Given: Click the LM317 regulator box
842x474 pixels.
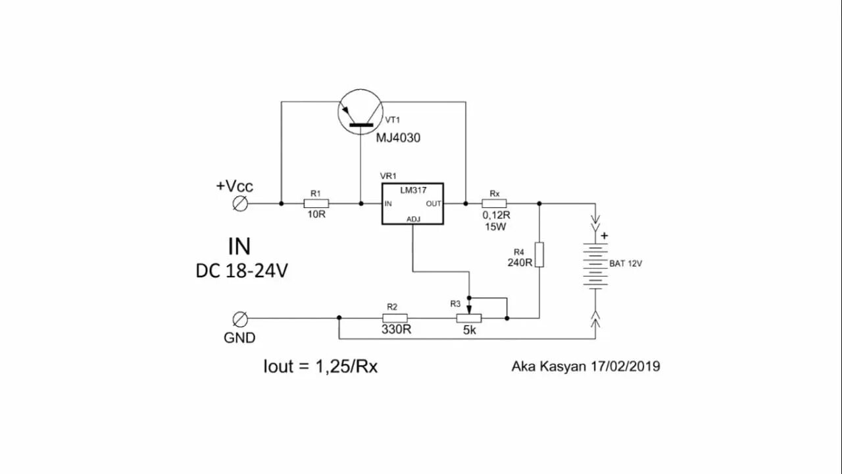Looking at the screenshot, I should [412, 203].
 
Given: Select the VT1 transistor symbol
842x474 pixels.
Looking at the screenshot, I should [360, 113].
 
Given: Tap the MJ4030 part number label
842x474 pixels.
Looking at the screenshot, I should [398, 138].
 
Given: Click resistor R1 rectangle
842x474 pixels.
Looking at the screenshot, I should [316, 203].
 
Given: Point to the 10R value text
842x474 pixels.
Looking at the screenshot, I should [316, 215].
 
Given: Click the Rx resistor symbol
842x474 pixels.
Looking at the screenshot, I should [494, 203].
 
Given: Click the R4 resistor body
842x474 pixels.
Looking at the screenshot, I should [539, 255].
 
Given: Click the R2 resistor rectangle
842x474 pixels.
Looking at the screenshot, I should [392, 318].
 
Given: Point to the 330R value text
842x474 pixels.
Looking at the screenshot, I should [396, 330].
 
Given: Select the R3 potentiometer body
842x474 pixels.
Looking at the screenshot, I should [468, 318].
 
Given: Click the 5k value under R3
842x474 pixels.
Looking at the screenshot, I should [469, 330].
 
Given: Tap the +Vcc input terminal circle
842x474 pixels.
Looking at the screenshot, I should [241, 203].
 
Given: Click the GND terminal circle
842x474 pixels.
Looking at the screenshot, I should [241, 319].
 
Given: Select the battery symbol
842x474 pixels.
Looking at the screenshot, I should [595, 267].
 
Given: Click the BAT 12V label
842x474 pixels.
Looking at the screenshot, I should [626, 263].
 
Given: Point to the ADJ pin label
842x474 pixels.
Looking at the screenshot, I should [413, 219].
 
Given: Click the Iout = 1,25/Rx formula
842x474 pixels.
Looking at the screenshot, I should [320, 367].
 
